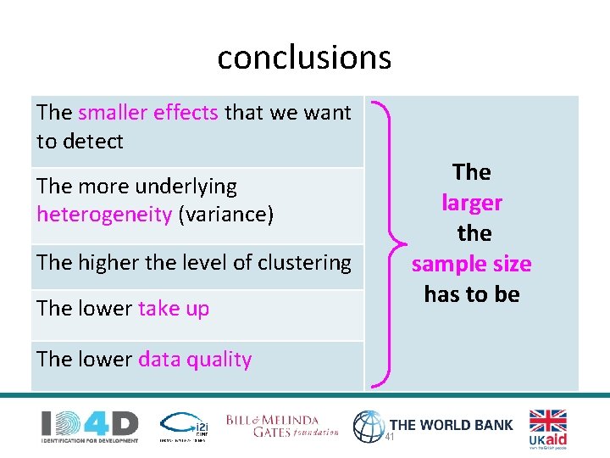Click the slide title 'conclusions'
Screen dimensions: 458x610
click(x=304, y=58)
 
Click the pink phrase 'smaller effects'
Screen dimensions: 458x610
click(x=148, y=112)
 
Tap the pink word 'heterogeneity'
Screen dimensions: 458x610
click(x=104, y=214)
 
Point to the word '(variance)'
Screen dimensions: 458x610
click(x=226, y=214)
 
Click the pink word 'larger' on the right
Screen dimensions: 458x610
click(x=472, y=203)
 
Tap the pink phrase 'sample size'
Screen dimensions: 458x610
click(x=472, y=264)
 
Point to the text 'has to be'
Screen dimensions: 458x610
click(x=472, y=294)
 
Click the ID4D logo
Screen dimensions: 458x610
click(x=90, y=425)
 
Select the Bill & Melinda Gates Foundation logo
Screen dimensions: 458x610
click(x=282, y=426)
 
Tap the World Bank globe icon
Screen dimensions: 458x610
click(x=369, y=427)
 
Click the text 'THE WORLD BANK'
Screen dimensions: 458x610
click(x=451, y=424)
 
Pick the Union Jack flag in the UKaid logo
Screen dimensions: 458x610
click(x=548, y=421)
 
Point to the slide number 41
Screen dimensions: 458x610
click(x=391, y=437)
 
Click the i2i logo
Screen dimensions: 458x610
click(x=182, y=426)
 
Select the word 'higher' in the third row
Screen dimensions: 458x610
click(x=108, y=263)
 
